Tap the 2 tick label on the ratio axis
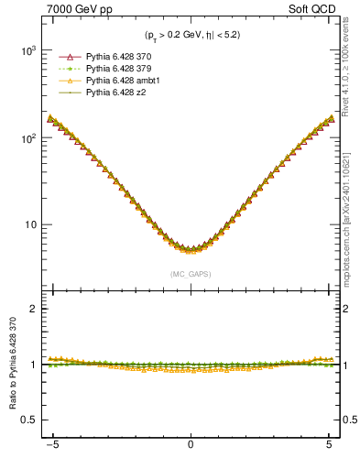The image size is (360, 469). point(34,309)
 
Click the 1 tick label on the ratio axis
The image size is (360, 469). point(34,365)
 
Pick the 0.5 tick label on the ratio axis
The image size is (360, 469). point(30,420)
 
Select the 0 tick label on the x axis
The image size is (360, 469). point(190,451)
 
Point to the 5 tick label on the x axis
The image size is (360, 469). point(328,451)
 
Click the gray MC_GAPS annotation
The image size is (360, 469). point(190,274)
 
